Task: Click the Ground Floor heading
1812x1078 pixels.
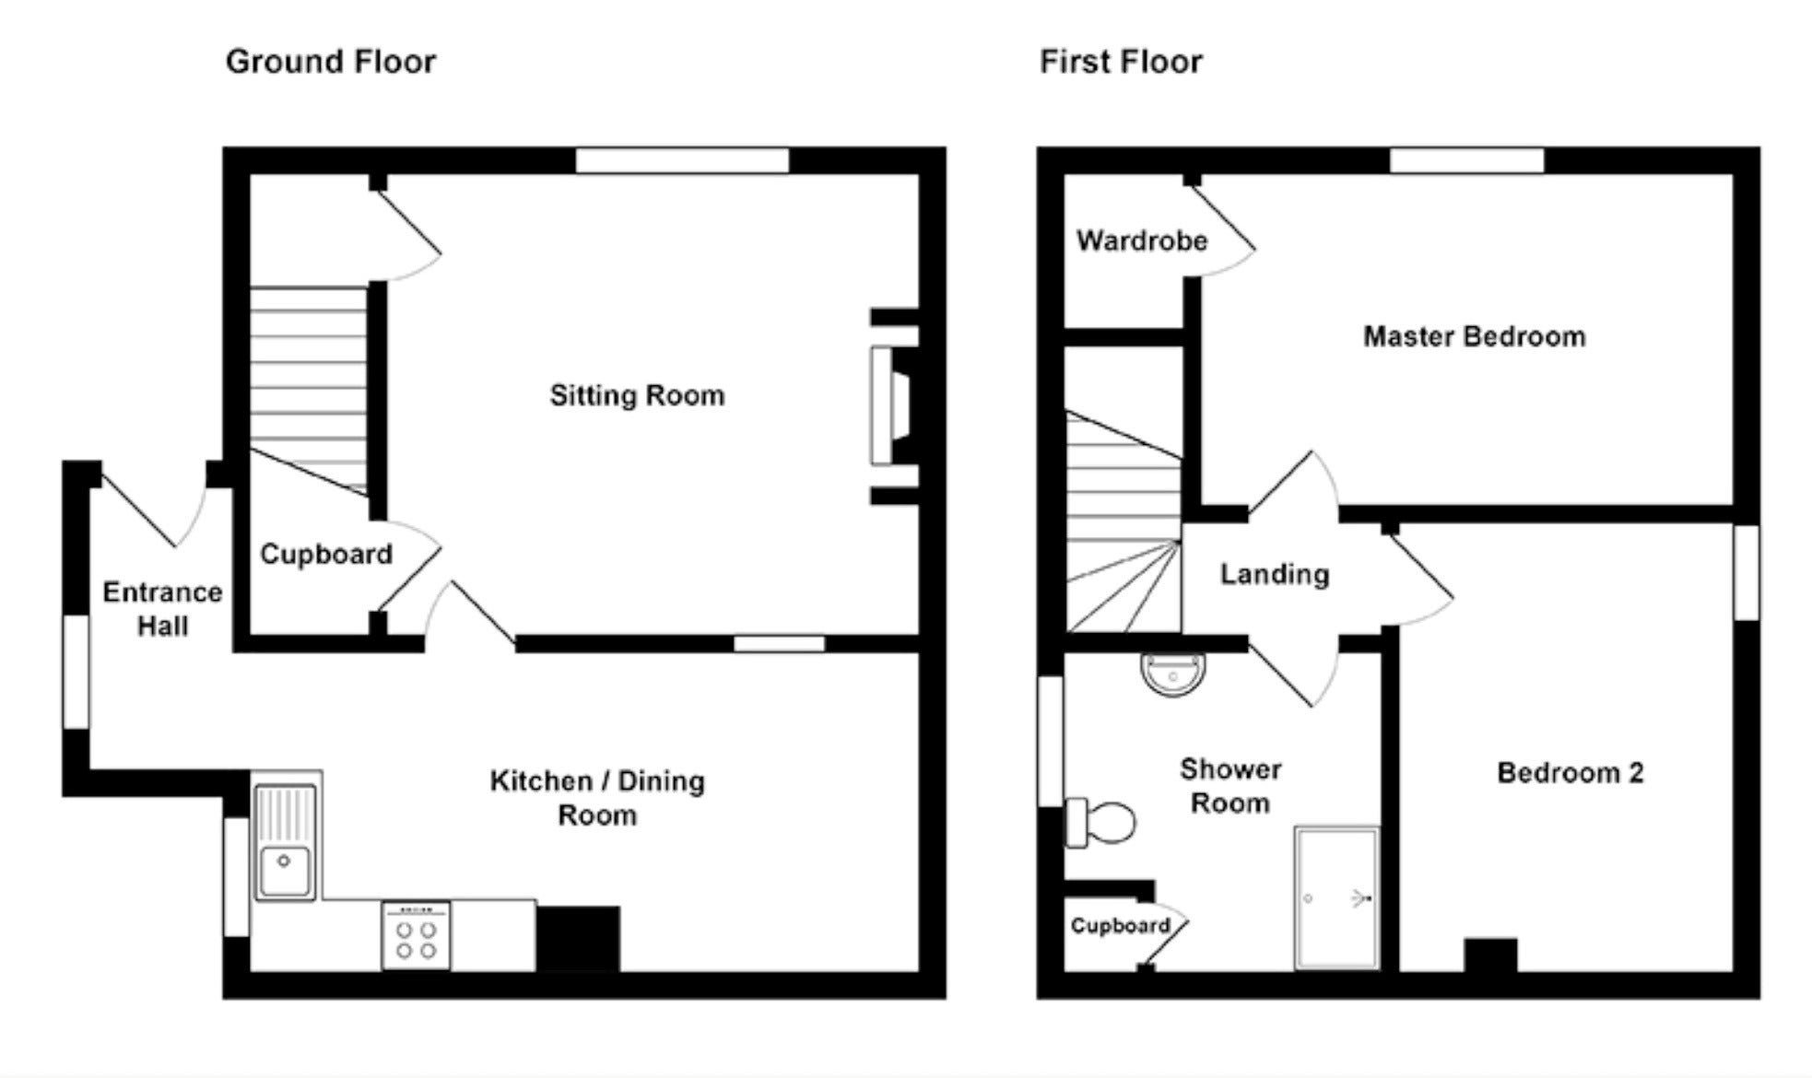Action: pyautogui.click(x=331, y=62)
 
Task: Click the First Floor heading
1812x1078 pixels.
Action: pyautogui.click(x=1121, y=62)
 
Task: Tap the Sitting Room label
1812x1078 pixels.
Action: pyautogui.click(x=637, y=395)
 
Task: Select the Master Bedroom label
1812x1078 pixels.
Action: pyautogui.click(x=1475, y=336)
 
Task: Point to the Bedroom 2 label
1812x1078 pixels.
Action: pyautogui.click(x=1571, y=772)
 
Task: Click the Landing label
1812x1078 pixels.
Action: pyautogui.click(x=1275, y=574)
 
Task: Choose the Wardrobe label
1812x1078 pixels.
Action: pyautogui.click(x=1142, y=240)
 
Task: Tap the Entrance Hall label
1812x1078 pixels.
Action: pyautogui.click(x=162, y=608)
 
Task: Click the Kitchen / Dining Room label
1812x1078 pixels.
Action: pyautogui.click(x=597, y=797)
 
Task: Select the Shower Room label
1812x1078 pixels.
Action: pyautogui.click(x=1230, y=786)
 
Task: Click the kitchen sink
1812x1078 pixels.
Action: pyautogui.click(x=286, y=840)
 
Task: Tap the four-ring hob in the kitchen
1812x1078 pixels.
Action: pyautogui.click(x=417, y=935)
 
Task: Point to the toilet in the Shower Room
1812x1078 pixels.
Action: pyautogui.click(x=1100, y=823)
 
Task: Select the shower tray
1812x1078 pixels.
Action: pyautogui.click(x=1337, y=897)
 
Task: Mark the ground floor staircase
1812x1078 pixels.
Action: pyautogui.click(x=309, y=392)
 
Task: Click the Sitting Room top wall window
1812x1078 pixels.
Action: pyautogui.click(x=682, y=160)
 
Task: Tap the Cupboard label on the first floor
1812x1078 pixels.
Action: pyautogui.click(x=1120, y=925)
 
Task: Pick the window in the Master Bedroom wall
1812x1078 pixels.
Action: pyautogui.click(x=1466, y=160)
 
